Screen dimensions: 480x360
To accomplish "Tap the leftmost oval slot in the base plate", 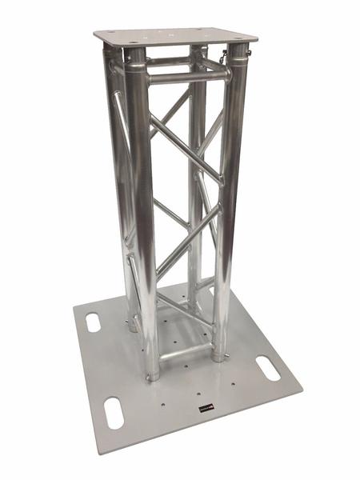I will coord(94,323).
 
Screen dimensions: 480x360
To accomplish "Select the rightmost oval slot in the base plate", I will coord(269,370).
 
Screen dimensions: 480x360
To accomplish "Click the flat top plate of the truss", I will coord(176,37).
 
